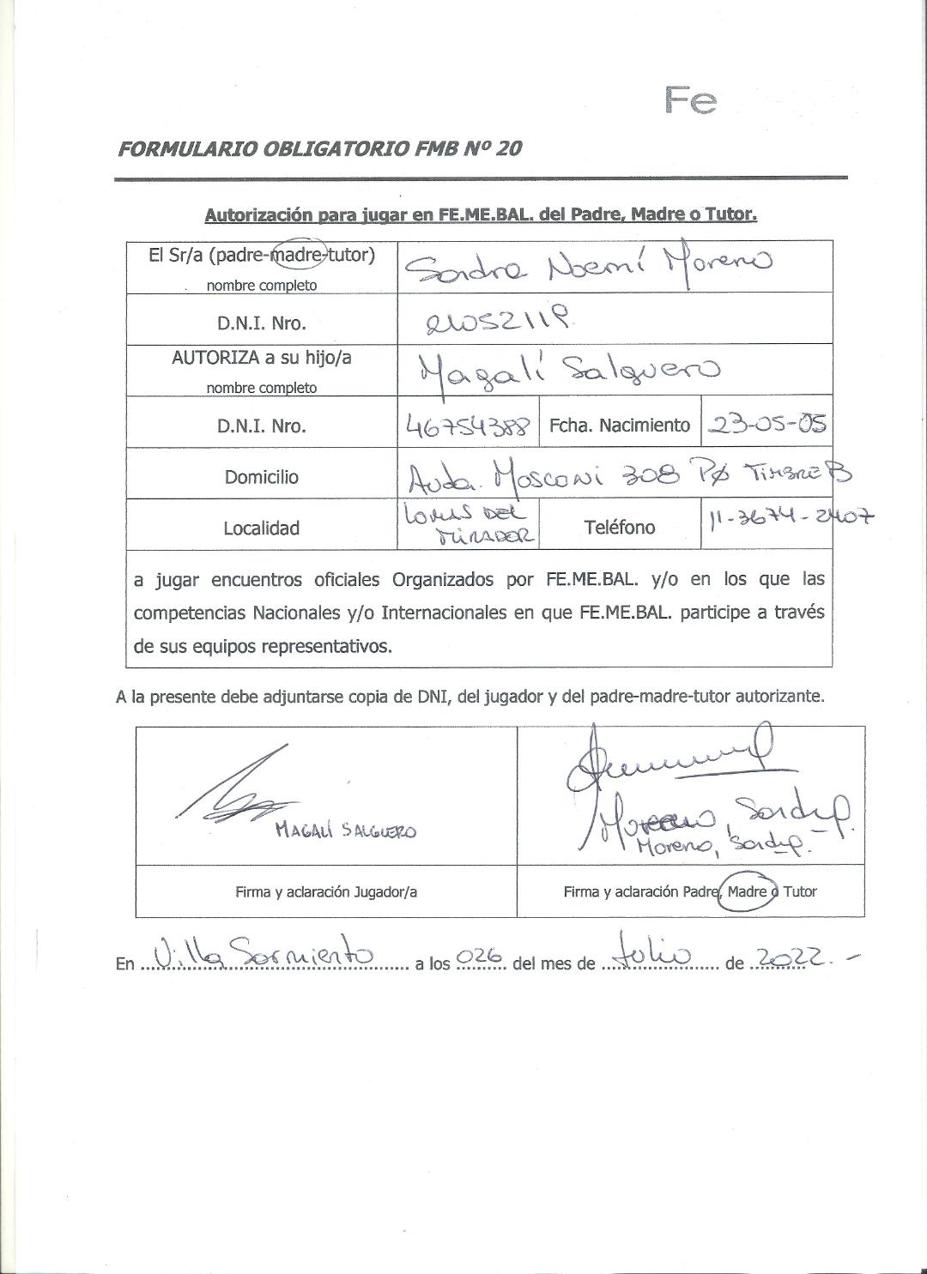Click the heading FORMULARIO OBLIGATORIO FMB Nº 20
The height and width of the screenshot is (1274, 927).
(x=319, y=148)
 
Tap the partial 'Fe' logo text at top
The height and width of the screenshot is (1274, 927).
(x=691, y=101)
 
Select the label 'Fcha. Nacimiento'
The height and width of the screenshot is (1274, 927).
(x=619, y=426)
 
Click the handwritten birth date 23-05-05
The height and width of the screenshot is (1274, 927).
(x=766, y=425)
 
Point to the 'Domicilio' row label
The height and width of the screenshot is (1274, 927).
(x=262, y=477)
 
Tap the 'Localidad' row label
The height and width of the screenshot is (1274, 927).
(x=262, y=528)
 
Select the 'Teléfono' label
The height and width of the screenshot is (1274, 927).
(x=619, y=528)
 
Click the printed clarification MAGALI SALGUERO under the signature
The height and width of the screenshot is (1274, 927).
(x=346, y=830)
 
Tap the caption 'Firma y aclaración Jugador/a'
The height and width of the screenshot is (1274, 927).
(x=326, y=891)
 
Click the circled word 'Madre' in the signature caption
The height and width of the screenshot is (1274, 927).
(x=747, y=891)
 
